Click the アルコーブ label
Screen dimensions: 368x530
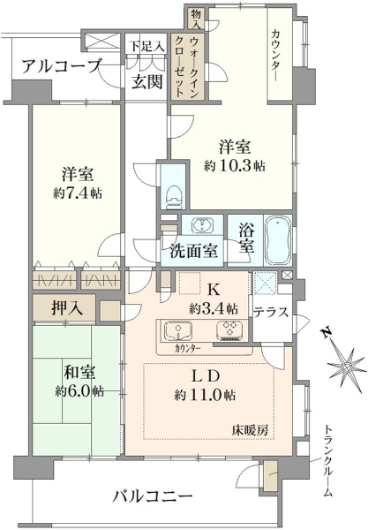click(61, 66)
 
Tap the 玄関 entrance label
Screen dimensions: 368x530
click(147, 81)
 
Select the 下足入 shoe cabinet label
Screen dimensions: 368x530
click(147, 46)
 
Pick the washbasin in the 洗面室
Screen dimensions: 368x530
click(202, 224)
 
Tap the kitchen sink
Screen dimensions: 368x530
click(178, 329)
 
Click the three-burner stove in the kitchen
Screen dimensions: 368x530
click(229, 329)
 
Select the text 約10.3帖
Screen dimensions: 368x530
click(235, 166)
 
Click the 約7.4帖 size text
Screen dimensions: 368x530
click(78, 193)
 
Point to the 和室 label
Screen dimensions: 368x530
click(79, 373)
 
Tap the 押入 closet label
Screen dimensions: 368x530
click(67, 307)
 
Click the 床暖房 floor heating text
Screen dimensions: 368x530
click(250, 430)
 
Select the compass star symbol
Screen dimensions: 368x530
click(346, 367)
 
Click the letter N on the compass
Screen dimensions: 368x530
click(326, 333)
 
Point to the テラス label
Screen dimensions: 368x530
click(271, 312)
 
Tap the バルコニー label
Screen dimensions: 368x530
click(153, 496)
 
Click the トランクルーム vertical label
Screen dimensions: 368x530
click(327, 461)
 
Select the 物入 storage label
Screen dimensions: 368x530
click(196, 19)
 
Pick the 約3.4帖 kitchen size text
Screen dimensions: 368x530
click(214, 308)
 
